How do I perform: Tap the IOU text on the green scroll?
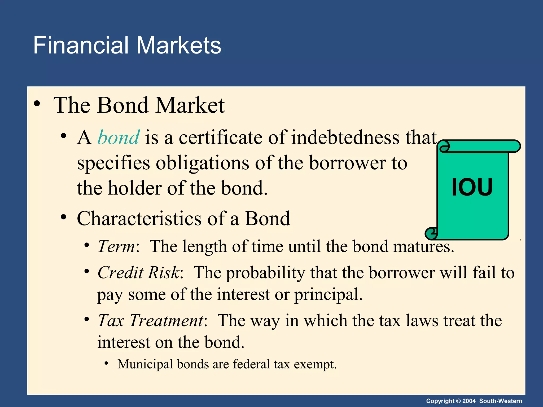click(x=472, y=187)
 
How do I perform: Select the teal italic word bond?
click(x=119, y=138)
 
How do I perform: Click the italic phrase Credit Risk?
click(x=139, y=272)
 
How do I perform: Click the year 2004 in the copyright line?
click(x=469, y=401)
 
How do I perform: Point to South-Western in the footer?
click(x=501, y=401)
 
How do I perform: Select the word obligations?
click(x=202, y=163)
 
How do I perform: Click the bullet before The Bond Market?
click(x=37, y=104)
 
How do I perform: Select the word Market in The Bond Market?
click(x=190, y=105)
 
